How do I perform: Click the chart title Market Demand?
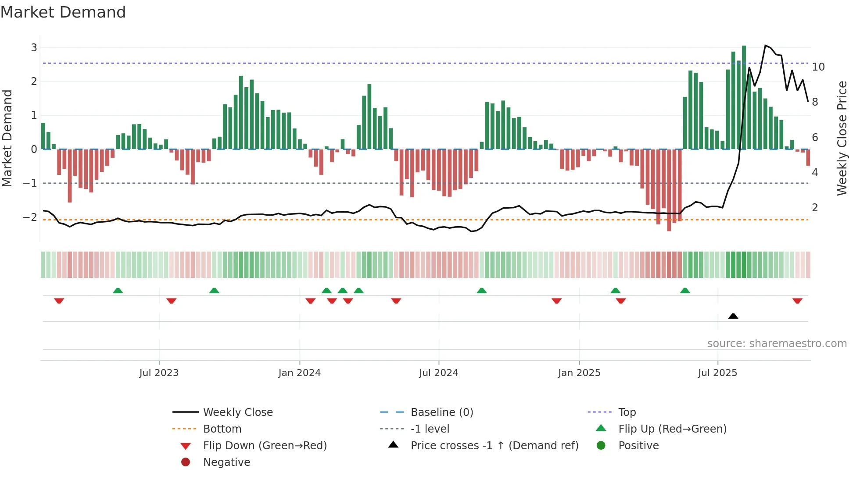[63, 12]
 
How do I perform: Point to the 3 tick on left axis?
[34, 47]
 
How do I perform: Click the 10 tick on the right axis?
[818, 67]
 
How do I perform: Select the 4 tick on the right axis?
[815, 172]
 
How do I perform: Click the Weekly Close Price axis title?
[842, 138]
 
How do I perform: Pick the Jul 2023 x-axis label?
[159, 373]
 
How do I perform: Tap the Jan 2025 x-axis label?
[579, 373]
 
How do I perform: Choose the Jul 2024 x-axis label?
[438, 373]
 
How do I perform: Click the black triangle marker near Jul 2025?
[733, 316]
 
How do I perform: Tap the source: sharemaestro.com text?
[777, 344]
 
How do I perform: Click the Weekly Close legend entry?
[237, 412]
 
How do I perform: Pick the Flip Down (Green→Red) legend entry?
[265, 446]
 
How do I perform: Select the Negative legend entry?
[226, 462]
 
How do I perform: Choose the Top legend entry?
[627, 412]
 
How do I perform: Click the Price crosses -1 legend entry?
[494, 446]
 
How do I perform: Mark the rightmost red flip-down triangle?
[797, 301]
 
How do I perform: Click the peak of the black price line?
[765, 46]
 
